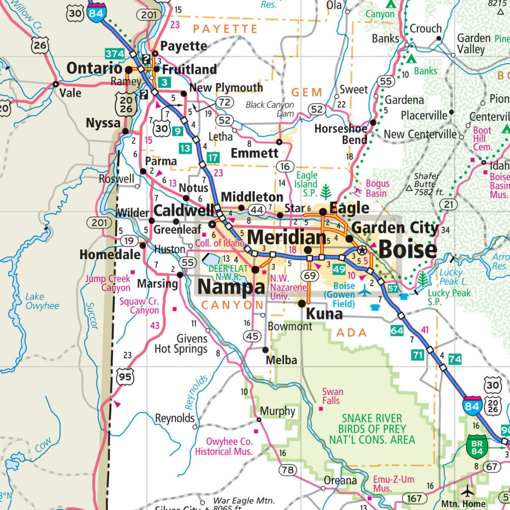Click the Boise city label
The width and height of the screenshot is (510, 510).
click(x=407, y=249)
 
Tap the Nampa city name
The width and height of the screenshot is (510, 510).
click(x=231, y=288)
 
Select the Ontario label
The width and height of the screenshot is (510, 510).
click(x=94, y=68)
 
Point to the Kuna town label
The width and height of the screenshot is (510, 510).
click(x=324, y=314)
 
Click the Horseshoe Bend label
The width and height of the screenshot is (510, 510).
click(x=341, y=134)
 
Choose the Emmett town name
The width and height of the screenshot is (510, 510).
click(x=254, y=153)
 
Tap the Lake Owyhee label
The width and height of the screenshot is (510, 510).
click(x=42, y=301)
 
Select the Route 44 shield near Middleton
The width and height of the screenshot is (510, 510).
click(x=257, y=209)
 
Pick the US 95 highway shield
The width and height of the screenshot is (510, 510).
click(x=124, y=377)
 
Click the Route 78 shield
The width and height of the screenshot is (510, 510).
click(x=287, y=470)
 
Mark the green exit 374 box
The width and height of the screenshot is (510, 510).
click(x=114, y=53)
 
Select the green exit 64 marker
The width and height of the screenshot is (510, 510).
click(x=397, y=330)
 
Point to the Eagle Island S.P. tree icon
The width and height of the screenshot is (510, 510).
click(x=325, y=192)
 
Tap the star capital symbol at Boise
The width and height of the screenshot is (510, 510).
click(x=362, y=250)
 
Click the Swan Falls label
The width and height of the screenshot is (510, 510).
click(x=332, y=396)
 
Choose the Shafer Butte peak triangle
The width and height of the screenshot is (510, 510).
click(x=409, y=188)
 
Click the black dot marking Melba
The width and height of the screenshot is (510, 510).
click(x=265, y=350)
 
